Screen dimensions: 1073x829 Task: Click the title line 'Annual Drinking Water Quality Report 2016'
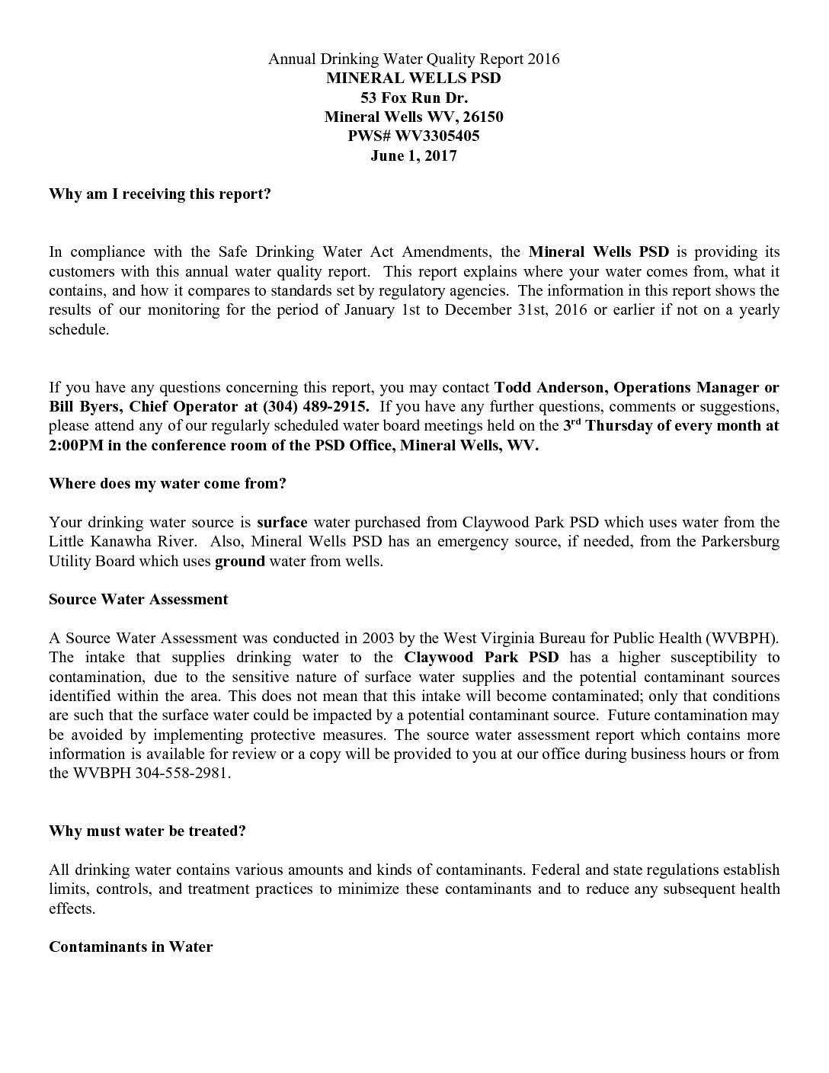point(414,59)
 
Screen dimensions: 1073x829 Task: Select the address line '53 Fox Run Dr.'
point(414,98)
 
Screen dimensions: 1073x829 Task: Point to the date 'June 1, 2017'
point(414,156)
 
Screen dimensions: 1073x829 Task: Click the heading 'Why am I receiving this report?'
point(160,194)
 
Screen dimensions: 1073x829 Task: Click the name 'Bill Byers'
point(82,406)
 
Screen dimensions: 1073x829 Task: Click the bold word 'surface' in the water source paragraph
point(282,522)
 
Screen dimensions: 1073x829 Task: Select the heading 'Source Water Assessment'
point(138,599)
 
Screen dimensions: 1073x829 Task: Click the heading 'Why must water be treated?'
point(147,831)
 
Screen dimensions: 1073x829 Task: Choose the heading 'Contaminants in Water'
point(130,946)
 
